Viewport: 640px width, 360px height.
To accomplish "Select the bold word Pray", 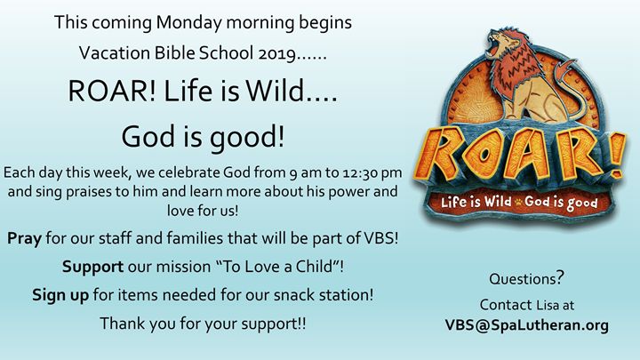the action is [25, 239].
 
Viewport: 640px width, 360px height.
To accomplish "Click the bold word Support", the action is [92, 268].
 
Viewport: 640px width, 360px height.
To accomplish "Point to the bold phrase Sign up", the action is [60, 295].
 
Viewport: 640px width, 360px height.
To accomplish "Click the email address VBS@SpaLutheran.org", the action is [526, 325].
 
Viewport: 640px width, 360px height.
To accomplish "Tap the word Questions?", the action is [526, 278].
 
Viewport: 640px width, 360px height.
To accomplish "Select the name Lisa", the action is [548, 305].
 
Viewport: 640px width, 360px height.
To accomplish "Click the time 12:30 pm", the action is [372, 173].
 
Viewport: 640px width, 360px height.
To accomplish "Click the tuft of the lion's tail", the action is [570, 66].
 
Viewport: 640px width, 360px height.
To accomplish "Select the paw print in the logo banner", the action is [518, 202].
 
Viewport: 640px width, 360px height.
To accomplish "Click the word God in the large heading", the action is [149, 137].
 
